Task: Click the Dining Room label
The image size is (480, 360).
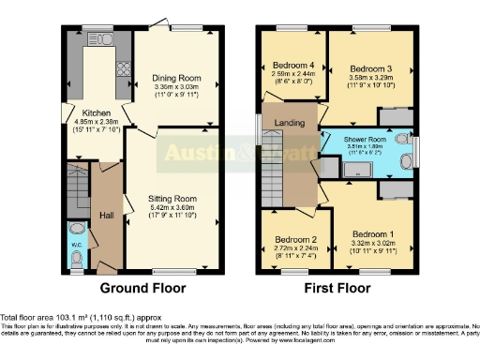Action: pyautogui.click(x=179, y=79)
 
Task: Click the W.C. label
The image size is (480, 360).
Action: pyautogui.click(x=77, y=247)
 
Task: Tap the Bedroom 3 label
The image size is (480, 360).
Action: pyautogui.click(x=372, y=69)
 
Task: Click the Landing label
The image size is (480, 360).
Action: pyautogui.click(x=288, y=123)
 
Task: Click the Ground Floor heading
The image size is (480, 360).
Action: pyautogui.click(x=142, y=288)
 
